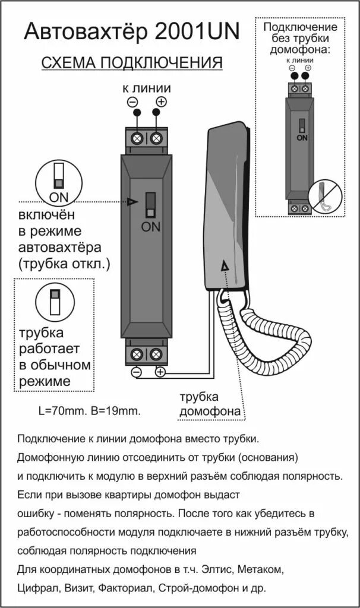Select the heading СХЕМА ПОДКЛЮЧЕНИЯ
[131, 64]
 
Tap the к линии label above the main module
[147, 88]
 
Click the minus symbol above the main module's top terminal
[132, 102]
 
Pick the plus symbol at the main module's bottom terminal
[160, 372]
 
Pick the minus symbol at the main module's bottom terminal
[136, 372]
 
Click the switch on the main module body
[150, 205]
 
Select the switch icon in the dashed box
[54, 302]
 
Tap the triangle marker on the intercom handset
[225, 267]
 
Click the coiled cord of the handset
[261, 332]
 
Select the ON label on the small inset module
[302, 138]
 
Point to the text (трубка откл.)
[64, 263]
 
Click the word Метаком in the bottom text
[263, 570]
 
